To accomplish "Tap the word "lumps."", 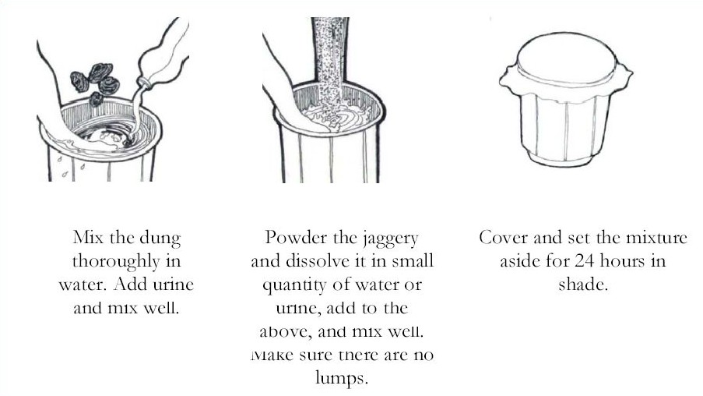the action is coord(342,377).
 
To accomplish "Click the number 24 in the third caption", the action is coord(585,261).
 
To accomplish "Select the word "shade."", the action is coord(583,285).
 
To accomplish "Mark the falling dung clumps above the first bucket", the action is coord(95,83).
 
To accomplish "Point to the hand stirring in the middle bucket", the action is coord(287,103).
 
